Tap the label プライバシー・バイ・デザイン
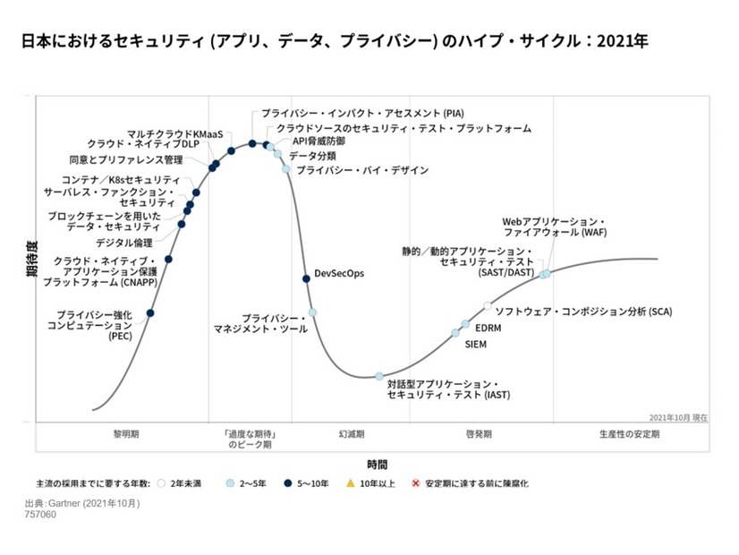(x=350, y=170)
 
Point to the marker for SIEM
(x=455, y=333)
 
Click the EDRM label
(x=488, y=328)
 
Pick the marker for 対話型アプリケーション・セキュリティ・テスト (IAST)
(x=379, y=376)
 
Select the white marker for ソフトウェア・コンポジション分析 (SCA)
(x=488, y=306)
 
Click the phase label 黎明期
(x=125, y=433)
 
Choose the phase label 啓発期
(x=479, y=433)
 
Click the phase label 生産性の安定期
(x=629, y=433)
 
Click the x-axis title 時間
(x=377, y=464)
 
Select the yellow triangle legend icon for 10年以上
(x=351, y=483)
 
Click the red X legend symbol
(x=414, y=483)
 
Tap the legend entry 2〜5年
(x=251, y=483)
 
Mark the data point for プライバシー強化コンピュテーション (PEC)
(x=150, y=312)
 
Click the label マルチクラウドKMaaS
(x=174, y=133)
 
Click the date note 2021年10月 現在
(x=678, y=417)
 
